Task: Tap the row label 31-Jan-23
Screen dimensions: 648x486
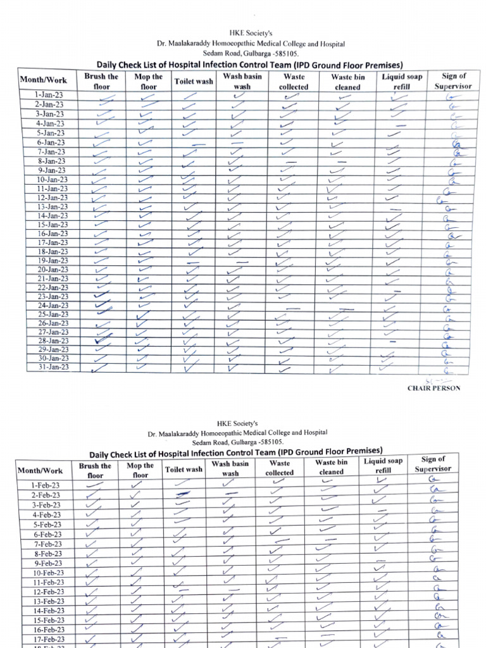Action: coord(53,367)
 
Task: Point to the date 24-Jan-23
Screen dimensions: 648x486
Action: coord(53,306)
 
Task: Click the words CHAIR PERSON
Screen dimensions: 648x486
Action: coord(433,389)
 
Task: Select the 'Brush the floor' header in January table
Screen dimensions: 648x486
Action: coord(101,82)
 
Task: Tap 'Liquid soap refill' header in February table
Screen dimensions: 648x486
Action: coord(383,466)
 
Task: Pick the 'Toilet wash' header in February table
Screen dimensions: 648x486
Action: coord(184,470)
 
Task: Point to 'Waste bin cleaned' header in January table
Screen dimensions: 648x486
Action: coord(347,82)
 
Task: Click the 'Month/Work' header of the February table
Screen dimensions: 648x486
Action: coord(40,471)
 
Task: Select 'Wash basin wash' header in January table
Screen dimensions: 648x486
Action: coord(238,82)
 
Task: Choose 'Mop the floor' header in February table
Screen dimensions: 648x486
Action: coord(140,470)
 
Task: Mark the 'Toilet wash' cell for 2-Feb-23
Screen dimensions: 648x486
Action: coord(184,494)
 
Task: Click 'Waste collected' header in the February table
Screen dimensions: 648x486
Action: coord(279,468)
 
